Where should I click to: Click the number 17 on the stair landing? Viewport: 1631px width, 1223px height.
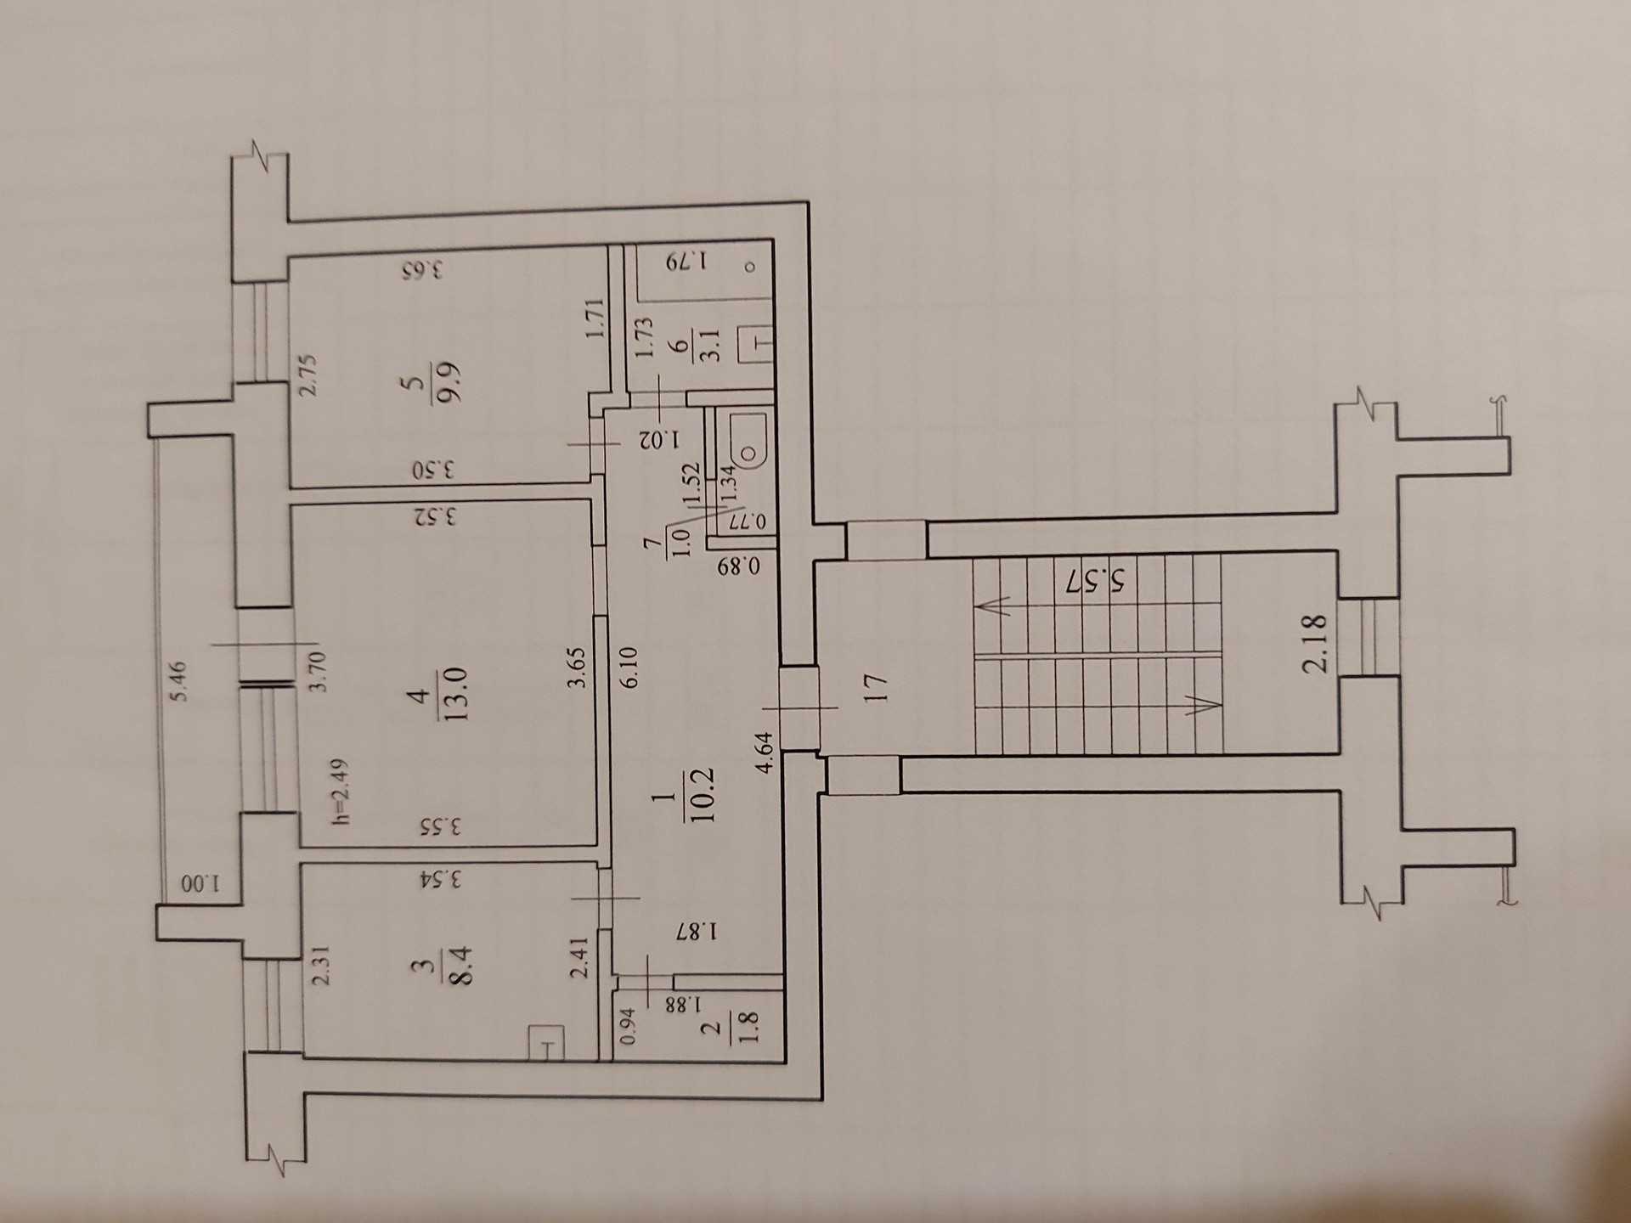click(x=875, y=686)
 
